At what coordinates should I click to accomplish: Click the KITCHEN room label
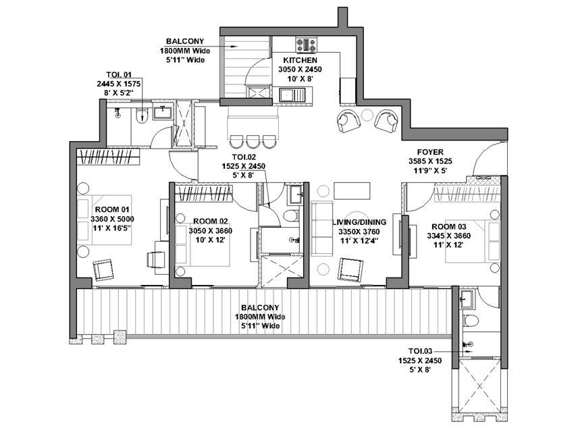(301, 60)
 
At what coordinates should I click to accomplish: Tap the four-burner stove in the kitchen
(307, 45)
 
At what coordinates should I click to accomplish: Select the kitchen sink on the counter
(292, 95)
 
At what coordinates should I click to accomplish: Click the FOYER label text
(430, 152)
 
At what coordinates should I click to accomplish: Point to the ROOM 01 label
(112, 209)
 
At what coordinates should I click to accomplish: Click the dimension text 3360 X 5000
(112, 219)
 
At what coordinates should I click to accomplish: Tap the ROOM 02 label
(211, 221)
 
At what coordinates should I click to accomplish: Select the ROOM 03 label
(449, 226)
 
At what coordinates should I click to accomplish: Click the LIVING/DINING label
(359, 222)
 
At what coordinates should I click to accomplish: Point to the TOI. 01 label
(119, 74)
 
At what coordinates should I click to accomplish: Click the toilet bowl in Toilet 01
(141, 115)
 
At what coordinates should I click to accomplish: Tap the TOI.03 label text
(420, 351)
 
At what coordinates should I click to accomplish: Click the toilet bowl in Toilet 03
(471, 320)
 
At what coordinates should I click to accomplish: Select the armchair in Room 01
(103, 270)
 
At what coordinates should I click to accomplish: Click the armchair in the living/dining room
(350, 270)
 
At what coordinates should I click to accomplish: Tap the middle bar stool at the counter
(253, 142)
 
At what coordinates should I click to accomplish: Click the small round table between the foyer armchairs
(367, 115)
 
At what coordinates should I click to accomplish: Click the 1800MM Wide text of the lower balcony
(260, 317)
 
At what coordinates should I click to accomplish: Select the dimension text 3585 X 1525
(431, 161)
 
